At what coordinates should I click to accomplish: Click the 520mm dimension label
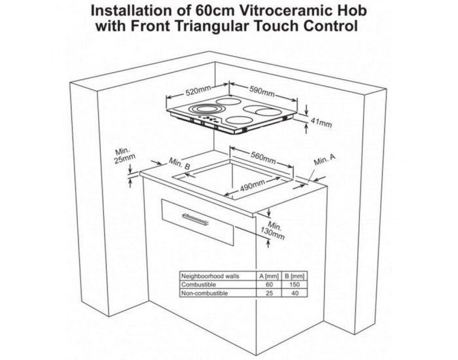pyautogui.click(x=199, y=91)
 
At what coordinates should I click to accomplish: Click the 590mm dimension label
pyautogui.click(x=262, y=91)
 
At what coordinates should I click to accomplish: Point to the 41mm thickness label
pyautogui.click(x=321, y=122)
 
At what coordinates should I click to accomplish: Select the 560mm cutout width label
pyautogui.click(x=263, y=157)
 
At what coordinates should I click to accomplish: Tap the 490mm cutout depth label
pyautogui.click(x=253, y=186)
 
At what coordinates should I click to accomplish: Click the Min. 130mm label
pyautogui.click(x=273, y=230)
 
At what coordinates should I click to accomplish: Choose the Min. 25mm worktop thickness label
pyautogui.click(x=124, y=155)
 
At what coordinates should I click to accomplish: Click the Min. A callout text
pyautogui.click(x=325, y=159)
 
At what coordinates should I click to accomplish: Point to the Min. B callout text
pyautogui.click(x=180, y=164)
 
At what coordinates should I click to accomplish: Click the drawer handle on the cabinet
pyautogui.click(x=196, y=219)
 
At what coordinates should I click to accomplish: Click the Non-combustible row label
pyautogui.click(x=204, y=293)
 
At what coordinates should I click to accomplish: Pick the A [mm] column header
pyautogui.click(x=269, y=276)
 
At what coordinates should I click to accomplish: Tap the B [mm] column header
pyautogui.click(x=294, y=276)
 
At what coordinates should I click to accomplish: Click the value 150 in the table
pyautogui.click(x=294, y=285)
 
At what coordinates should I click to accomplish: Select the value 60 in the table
pyautogui.click(x=269, y=285)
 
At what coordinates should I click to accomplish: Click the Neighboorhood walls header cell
pyautogui.click(x=210, y=276)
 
